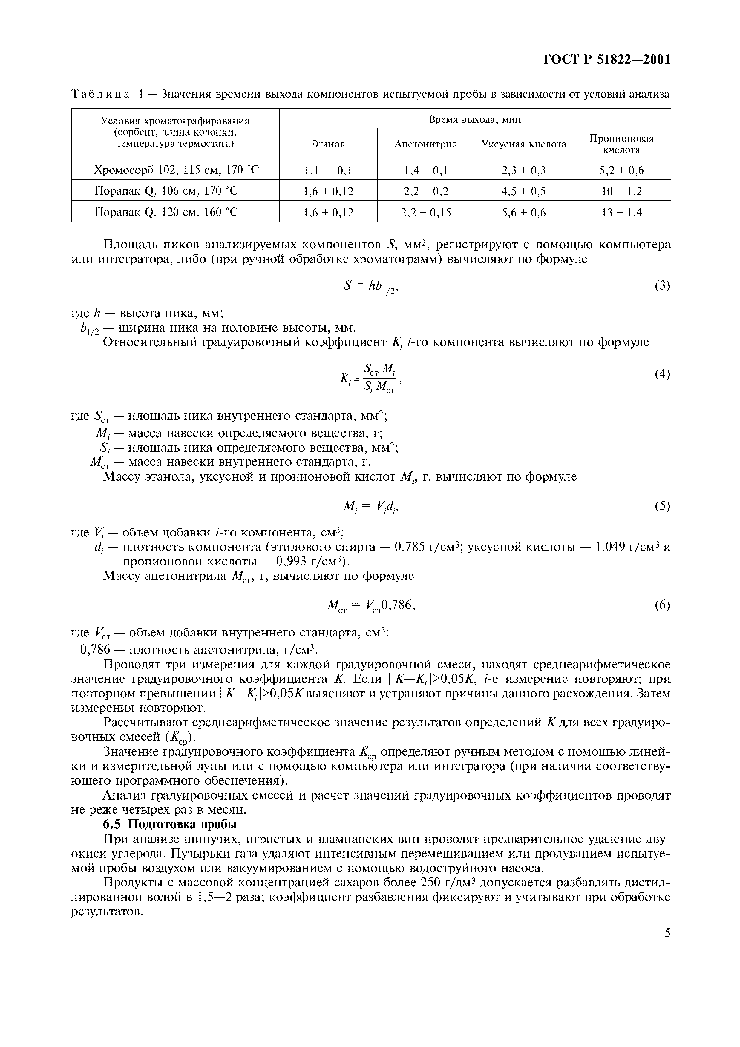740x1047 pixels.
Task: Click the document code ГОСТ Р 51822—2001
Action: point(607,60)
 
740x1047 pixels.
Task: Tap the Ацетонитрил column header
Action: point(426,144)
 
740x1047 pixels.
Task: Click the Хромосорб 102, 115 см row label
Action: point(176,170)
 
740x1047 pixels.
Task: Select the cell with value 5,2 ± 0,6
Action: point(621,170)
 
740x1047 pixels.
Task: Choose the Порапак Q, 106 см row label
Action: point(166,191)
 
